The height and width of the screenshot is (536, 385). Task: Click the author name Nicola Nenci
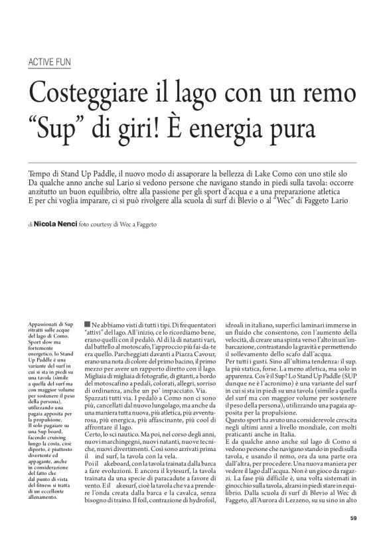[56, 225]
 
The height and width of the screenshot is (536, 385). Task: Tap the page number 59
[353, 519]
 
